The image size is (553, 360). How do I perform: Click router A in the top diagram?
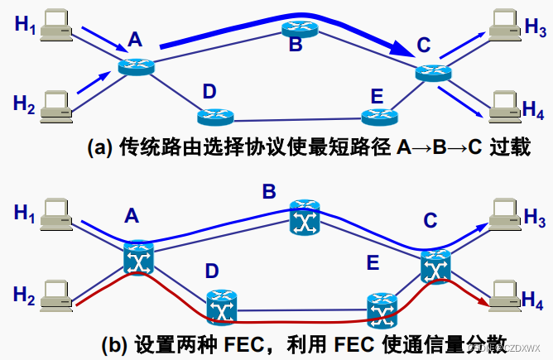click(x=136, y=66)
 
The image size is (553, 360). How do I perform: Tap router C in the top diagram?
click(x=434, y=73)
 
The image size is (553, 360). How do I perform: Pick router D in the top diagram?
click(x=217, y=115)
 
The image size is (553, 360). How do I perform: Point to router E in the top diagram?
click(x=381, y=117)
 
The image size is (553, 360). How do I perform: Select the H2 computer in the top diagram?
click(x=56, y=102)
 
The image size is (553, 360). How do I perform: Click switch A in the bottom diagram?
click(x=139, y=257)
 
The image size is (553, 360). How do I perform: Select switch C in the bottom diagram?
click(x=435, y=266)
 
